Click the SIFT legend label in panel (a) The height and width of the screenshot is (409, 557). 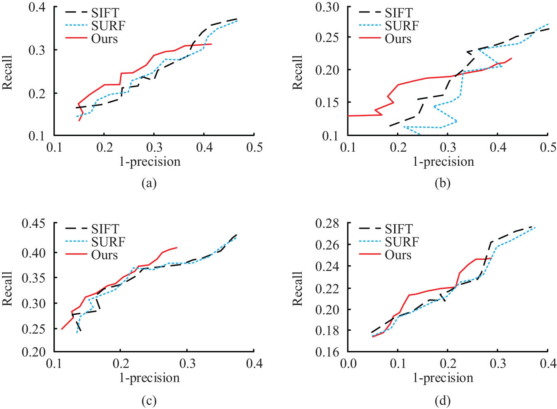[x=105, y=13]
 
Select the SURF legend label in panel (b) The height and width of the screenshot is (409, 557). [x=402, y=26]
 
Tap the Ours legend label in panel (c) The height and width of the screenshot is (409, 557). [x=104, y=255]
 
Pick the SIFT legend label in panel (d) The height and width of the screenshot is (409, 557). [x=398, y=229]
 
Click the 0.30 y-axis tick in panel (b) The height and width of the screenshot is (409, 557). [x=327, y=7]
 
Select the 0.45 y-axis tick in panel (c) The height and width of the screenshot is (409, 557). [x=34, y=224]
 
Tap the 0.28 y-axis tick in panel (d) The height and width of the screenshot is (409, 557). [x=327, y=224]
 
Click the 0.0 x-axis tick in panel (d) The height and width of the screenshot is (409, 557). [x=348, y=363]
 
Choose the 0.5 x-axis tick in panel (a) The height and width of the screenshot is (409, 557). [x=254, y=147]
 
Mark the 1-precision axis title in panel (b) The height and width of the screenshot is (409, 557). [x=443, y=162]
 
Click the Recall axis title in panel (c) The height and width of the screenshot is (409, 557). [x=7, y=289]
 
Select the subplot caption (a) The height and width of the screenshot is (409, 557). [x=149, y=183]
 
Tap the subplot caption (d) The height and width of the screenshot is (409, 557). [x=443, y=401]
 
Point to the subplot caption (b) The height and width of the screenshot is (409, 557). [x=443, y=183]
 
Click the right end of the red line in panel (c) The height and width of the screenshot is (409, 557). [x=177, y=248]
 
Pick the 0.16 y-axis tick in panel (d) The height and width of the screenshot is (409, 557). [x=327, y=352]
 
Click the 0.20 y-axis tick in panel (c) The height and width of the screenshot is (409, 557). [x=34, y=352]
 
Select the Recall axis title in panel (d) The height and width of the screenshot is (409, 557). [x=298, y=289]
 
